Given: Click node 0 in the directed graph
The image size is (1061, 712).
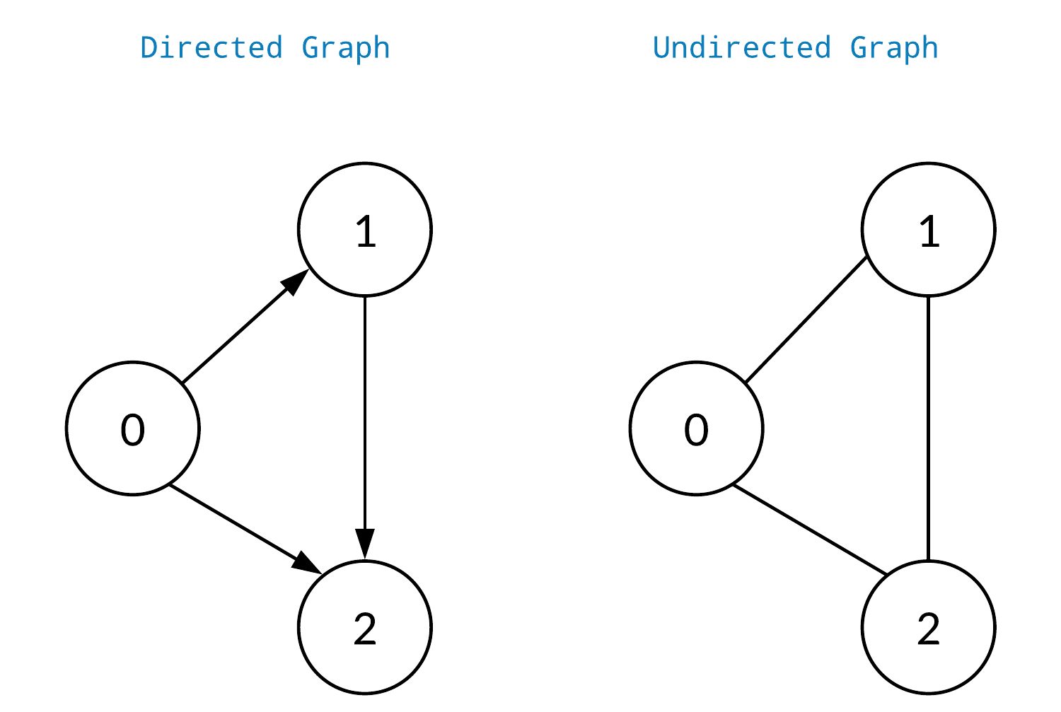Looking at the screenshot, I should tap(133, 428).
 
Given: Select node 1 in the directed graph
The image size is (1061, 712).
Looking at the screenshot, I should tap(365, 230).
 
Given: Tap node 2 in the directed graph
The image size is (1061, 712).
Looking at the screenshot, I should tap(365, 627).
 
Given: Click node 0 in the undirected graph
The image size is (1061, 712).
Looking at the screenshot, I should tap(697, 428).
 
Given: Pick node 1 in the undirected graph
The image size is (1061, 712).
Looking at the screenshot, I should tap(929, 230).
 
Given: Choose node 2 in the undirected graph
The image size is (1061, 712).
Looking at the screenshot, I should tap(929, 627).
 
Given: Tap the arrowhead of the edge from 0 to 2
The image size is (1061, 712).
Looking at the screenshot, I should tap(308, 564).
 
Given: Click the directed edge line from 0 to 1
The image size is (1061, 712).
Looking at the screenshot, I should tap(233, 337).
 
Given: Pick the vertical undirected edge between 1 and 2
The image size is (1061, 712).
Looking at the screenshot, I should tap(929, 428).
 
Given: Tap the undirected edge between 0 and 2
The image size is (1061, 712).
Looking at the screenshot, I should tap(810, 530).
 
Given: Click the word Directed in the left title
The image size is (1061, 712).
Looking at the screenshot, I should tap(211, 48).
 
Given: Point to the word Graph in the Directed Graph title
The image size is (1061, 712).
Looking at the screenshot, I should tap(346, 48).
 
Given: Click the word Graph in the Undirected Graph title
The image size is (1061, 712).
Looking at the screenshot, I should tap(894, 48).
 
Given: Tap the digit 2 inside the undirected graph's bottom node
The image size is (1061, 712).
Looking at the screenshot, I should tap(929, 629).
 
